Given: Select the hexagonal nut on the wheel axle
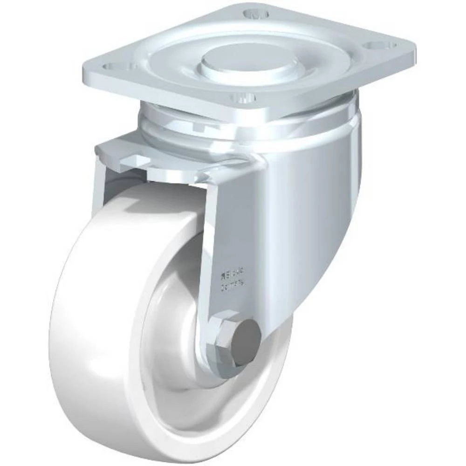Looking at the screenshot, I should (x=223, y=336).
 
